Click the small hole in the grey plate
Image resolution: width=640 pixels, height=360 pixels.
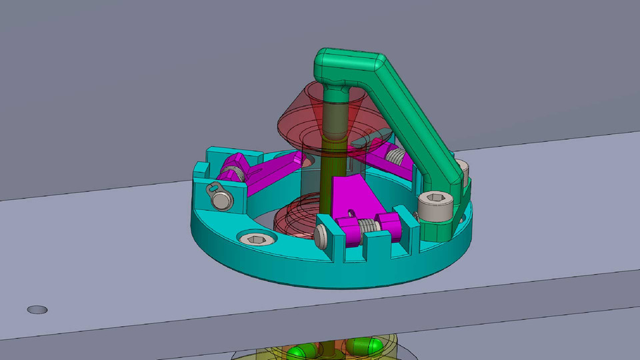[37, 310]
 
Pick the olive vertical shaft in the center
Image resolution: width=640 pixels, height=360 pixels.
[330, 160]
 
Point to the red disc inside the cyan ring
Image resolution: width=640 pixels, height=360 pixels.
[293, 213]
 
